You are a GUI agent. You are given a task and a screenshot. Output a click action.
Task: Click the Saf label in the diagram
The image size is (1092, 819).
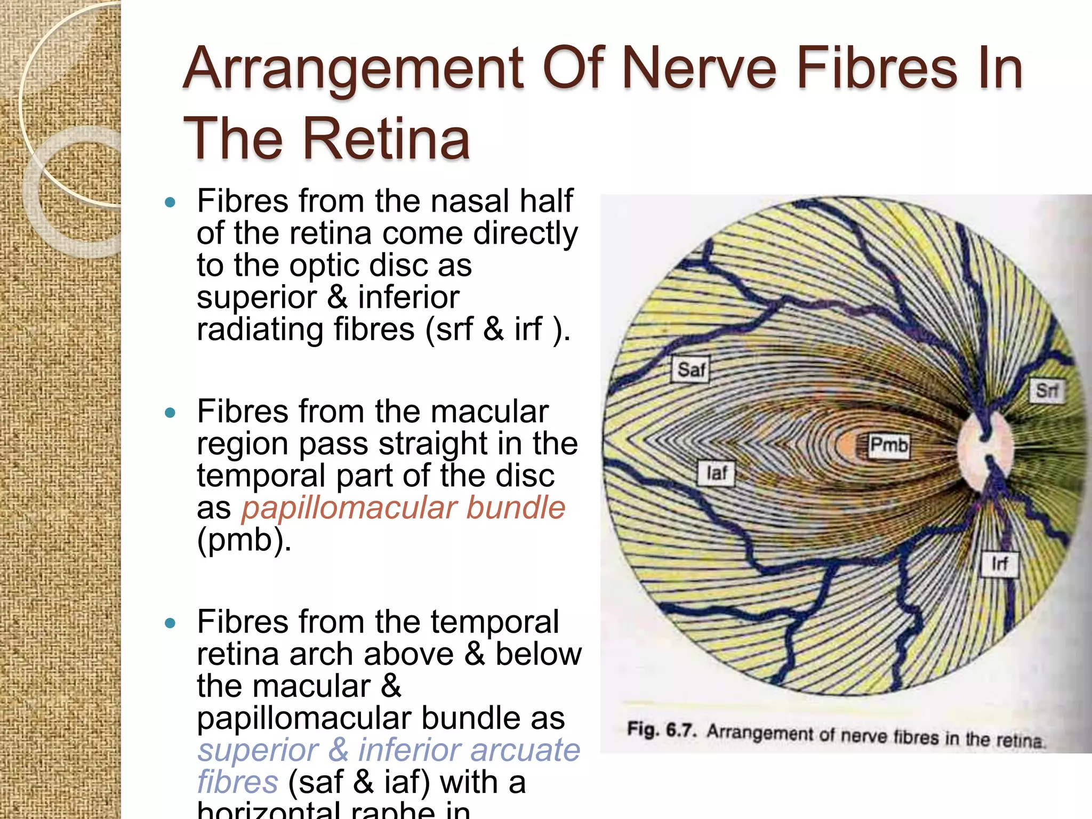tap(690, 370)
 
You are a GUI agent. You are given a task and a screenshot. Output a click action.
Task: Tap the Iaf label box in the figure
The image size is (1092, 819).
tap(716, 473)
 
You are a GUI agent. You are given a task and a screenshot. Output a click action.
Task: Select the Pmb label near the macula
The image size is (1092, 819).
tap(888, 445)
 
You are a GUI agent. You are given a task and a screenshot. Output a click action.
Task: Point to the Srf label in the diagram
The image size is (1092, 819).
tap(1046, 391)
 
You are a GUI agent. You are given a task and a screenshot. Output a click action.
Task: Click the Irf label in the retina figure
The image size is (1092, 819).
tap(999, 564)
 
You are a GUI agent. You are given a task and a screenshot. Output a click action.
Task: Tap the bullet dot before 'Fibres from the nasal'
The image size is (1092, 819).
tap(170, 202)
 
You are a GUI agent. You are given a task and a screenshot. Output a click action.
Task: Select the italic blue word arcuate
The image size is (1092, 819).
tap(525, 750)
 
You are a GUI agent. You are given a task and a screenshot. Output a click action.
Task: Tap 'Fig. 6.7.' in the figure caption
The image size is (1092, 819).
tap(661, 729)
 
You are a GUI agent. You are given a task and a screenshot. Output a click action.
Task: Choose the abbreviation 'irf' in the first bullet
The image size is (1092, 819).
tap(528, 329)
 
